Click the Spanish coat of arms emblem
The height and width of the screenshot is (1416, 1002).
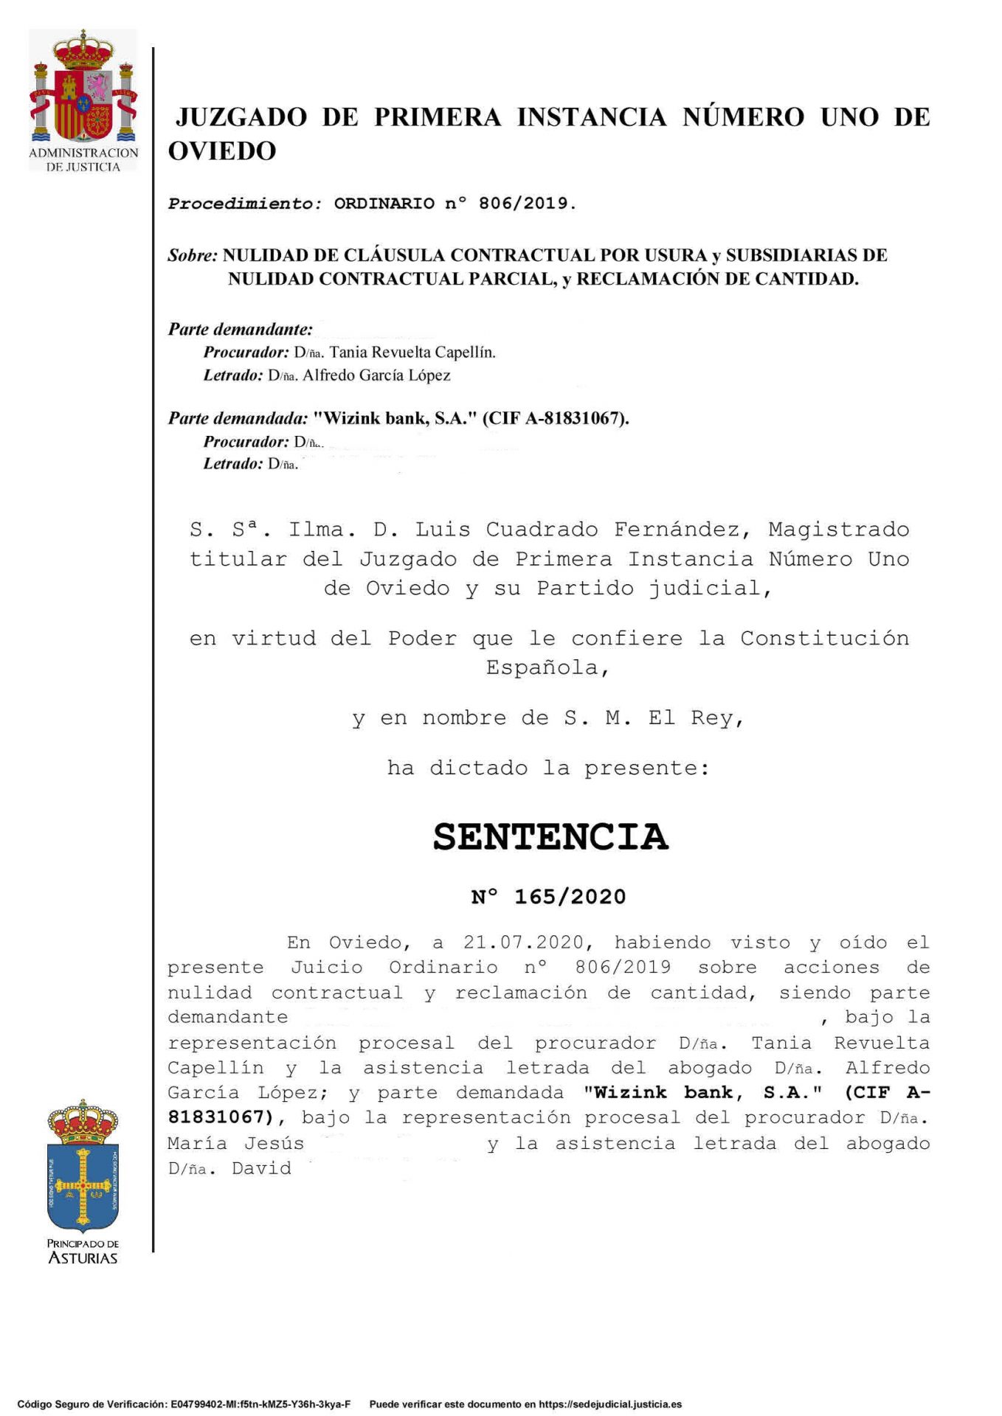83,88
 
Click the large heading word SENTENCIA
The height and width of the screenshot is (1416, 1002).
550,837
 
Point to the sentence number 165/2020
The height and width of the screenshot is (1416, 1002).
570,897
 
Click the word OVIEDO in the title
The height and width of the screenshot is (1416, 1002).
222,151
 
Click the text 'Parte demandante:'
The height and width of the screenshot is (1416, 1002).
241,329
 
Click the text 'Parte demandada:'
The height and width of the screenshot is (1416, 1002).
238,418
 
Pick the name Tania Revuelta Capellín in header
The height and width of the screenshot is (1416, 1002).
412,353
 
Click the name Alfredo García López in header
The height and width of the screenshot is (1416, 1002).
377,375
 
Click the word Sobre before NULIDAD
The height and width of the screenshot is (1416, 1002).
193,255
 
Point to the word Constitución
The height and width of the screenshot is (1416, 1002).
824,638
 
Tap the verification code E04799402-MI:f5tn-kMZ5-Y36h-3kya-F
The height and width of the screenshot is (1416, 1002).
260,1404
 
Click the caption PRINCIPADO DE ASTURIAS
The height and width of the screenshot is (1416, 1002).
83,1251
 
